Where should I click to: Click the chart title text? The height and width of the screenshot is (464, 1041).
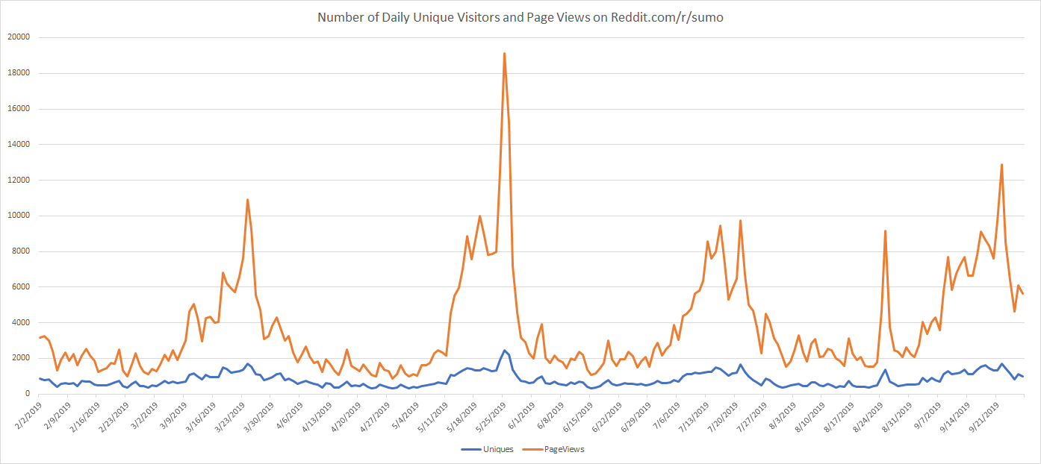pos(520,17)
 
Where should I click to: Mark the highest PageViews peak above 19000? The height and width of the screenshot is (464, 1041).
pos(505,54)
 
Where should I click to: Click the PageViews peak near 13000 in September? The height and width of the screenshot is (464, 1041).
pos(1001,165)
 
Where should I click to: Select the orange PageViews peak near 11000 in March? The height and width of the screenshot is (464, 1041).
pos(247,200)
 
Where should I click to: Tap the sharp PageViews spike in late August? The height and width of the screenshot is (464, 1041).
pos(885,231)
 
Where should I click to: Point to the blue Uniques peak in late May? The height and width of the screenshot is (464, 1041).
pos(505,351)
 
